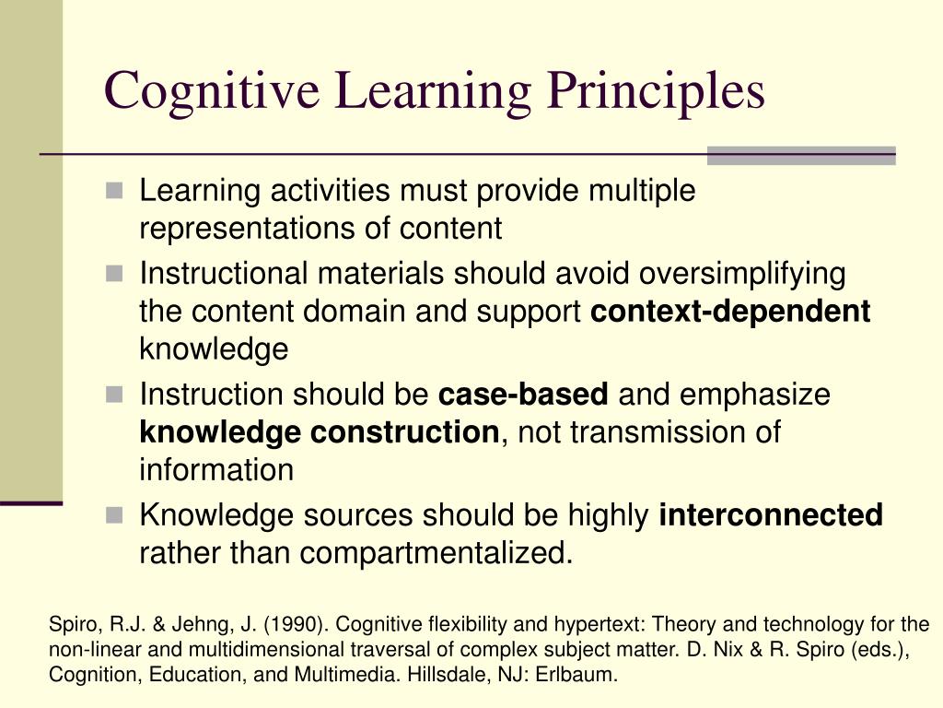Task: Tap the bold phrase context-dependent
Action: click(x=730, y=312)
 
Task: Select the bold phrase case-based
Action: click(x=523, y=395)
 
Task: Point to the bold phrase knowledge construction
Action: click(x=319, y=432)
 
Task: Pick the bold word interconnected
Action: click(x=771, y=514)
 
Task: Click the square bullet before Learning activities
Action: click(x=114, y=191)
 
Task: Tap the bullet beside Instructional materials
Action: click(x=114, y=274)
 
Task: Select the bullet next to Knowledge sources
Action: click(x=114, y=514)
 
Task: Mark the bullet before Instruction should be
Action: click(x=114, y=395)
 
